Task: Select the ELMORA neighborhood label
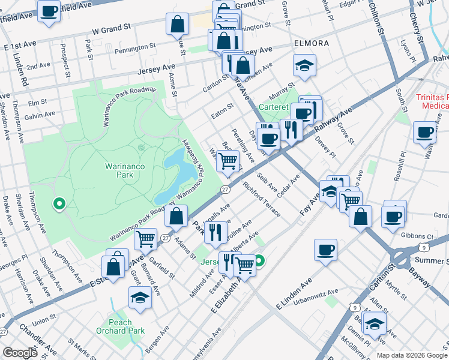[x=311, y=44]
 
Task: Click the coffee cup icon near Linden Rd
[x=49, y=10]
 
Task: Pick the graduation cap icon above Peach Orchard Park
[x=140, y=297]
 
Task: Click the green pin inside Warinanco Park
[x=59, y=204]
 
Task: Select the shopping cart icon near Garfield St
[x=146, y=239]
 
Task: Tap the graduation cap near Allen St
[x=375, y=323]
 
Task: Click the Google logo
[x=20, y=353]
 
